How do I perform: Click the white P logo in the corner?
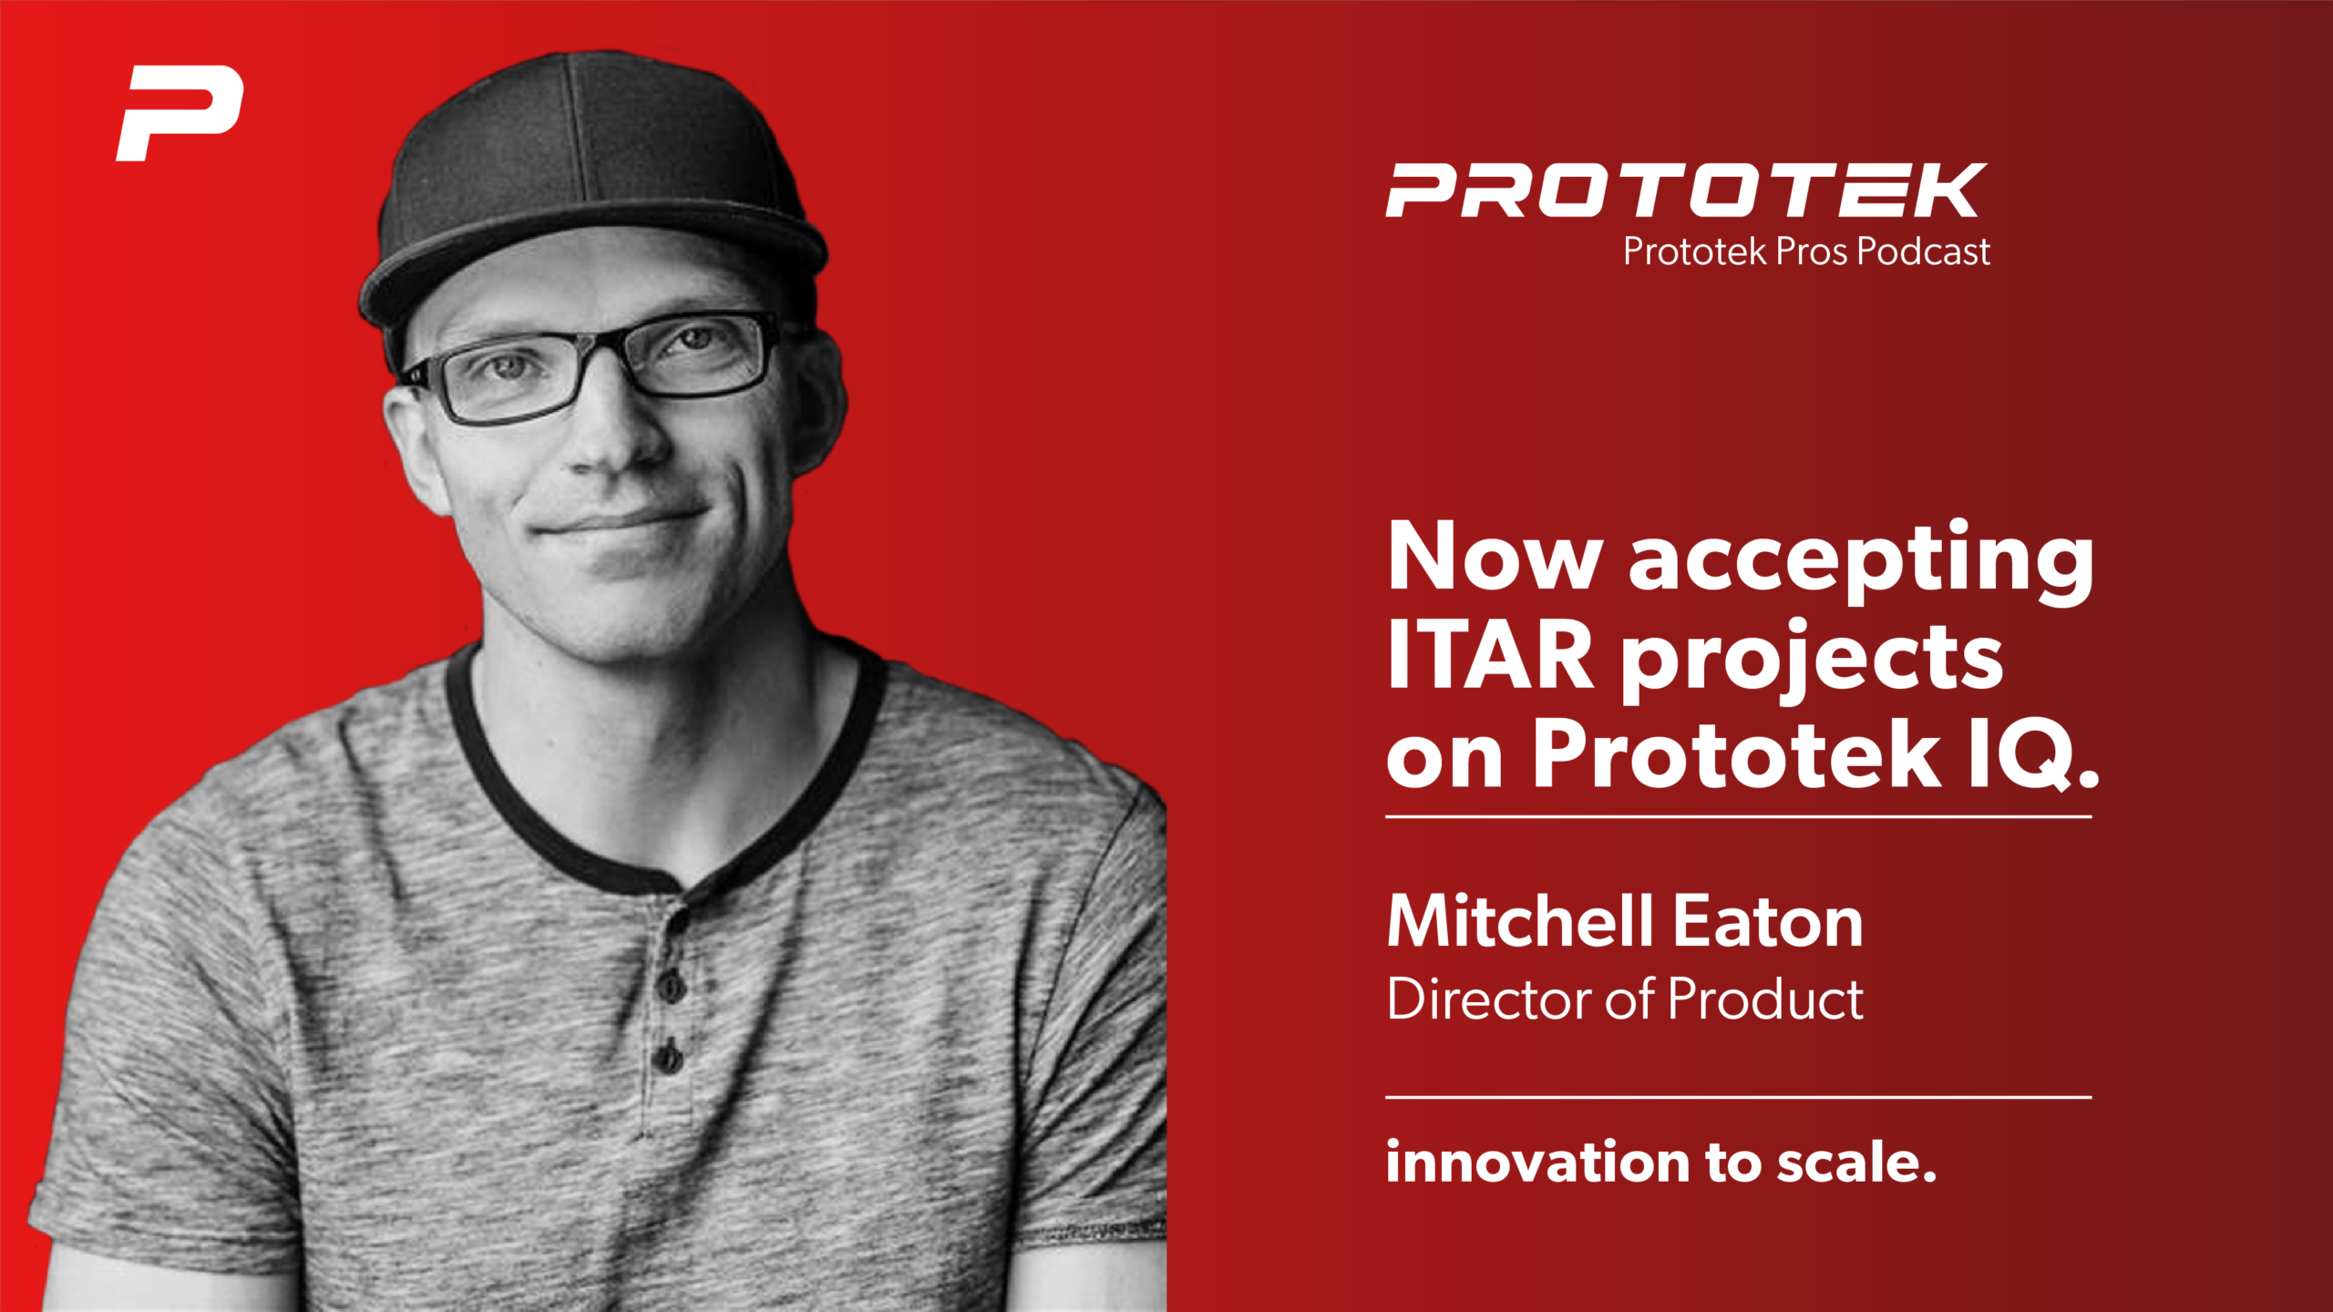pyautogui.click(x=179, y=112)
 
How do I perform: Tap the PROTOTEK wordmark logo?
pyautogui.click(x=1686, y=190)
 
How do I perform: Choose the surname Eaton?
pyautogui.click(x=1768, y=922)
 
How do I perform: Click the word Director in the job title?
pyautogui.click(x=1490, y=999)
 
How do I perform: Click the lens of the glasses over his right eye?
pyautogui.click(x=510, y=378)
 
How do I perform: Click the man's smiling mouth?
pyautogui.click(x=620, y=524)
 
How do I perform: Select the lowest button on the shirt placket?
pyautogui.click(x=668, y=1058)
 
